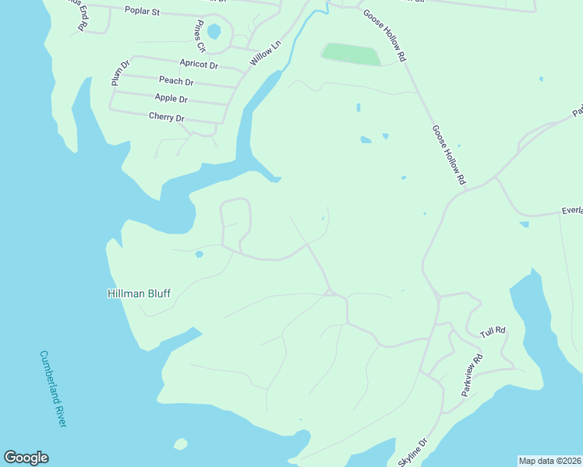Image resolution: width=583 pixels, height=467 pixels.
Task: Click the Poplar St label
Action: coord(142,12)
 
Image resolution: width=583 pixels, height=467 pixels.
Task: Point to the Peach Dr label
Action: coord(176,81)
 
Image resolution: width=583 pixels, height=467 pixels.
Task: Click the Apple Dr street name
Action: coord(171,99)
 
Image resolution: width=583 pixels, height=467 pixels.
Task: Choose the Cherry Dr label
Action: coord(166,118)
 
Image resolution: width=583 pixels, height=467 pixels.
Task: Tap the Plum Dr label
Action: coord(118,72)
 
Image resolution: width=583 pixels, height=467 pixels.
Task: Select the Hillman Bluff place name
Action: coord(138,294)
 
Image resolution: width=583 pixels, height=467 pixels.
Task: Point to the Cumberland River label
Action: coord(54,388)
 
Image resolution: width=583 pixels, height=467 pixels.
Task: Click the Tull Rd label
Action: coord(493,332)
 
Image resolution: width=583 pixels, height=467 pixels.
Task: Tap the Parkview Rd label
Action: coord(472,375)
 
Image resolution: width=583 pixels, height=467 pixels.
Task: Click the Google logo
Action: coord(26,458)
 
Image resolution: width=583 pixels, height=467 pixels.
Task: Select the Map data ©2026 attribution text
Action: coord(549,461)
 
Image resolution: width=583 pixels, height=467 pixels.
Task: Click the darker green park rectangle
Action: coord(351,54)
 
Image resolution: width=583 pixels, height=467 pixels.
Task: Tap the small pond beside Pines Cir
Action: coord(214,32)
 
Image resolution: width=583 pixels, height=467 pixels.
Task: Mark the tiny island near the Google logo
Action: coord(180,444)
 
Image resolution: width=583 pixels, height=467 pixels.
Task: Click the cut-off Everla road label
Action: coord(571,211)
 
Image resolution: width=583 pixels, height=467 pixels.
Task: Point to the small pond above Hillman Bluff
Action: coord(200,254)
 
